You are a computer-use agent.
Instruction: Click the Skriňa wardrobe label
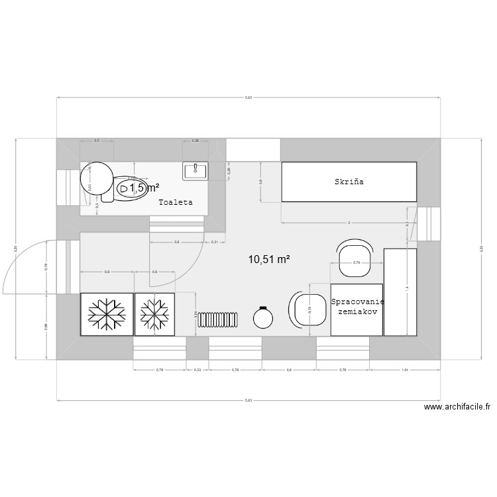pos(349,181)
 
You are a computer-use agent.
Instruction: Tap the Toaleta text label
pos(175,202)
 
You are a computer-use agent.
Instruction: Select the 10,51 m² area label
pos(269,260)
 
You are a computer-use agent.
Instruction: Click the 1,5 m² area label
pos(144,188)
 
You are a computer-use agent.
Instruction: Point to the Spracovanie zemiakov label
pos(357,306)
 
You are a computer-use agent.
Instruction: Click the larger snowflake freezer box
pos(107,314)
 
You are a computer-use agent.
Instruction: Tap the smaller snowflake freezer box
pos(154,314)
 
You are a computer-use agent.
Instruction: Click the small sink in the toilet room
pos(195,170)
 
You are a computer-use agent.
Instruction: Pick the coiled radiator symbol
pos(218,319)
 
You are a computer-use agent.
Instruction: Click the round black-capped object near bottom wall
pos(263,318)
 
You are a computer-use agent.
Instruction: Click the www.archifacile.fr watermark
pos(457,408)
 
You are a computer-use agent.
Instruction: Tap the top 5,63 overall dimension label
pos(248,97)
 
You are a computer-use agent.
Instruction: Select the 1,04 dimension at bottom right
pos(404,369)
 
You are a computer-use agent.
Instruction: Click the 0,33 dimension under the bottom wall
pos(197,369)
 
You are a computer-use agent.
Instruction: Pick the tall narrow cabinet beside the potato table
pos(400,292)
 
